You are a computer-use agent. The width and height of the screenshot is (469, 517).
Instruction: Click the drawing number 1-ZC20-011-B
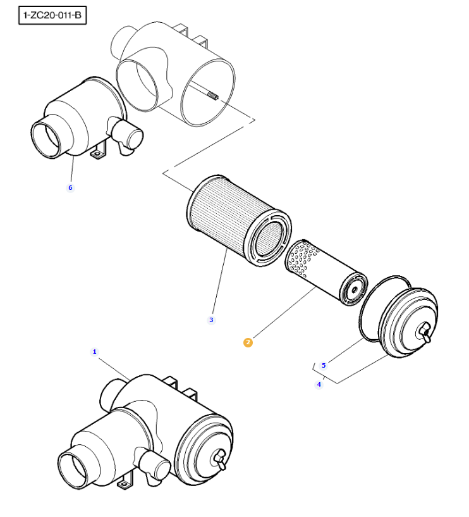[x=52, y=15]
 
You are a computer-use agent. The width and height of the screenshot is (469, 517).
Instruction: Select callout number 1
[x=95, y=352]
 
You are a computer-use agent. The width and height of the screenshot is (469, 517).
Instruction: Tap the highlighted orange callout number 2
[x=248, y=342]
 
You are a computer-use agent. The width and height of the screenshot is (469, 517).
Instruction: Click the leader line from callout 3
[x=220, y=281]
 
